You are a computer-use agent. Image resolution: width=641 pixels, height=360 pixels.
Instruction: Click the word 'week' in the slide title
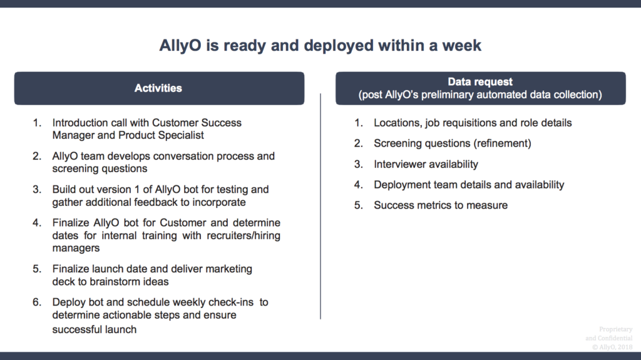click(461, 46)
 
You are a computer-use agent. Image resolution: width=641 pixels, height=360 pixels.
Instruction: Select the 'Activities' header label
click(158, 88)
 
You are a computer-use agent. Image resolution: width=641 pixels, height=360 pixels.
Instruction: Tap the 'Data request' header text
click(480, 82)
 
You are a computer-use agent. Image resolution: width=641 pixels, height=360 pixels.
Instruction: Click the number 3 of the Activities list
click(37, 190)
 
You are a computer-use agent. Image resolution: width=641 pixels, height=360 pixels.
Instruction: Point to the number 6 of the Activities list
click(37, 302)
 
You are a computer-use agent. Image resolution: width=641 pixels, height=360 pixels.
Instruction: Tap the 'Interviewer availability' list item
click(426, 165)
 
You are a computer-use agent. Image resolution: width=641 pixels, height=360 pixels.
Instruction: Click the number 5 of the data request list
click(359, 205)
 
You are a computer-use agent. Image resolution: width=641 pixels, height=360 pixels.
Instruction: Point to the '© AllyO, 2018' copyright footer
click(612, 347)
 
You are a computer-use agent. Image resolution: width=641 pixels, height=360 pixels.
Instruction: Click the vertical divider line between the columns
click(320, 206)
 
